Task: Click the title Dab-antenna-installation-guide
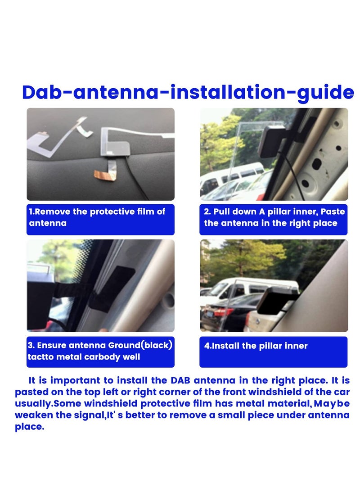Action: (188, 92)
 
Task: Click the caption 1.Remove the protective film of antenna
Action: (97, 217)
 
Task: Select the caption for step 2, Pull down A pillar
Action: (273, 217)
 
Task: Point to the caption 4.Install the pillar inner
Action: (256, 346)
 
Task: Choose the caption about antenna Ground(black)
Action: (100, 351)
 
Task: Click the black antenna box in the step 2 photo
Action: (272, 140)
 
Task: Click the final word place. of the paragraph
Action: (29, 426)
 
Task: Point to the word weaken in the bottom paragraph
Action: (33, 414)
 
